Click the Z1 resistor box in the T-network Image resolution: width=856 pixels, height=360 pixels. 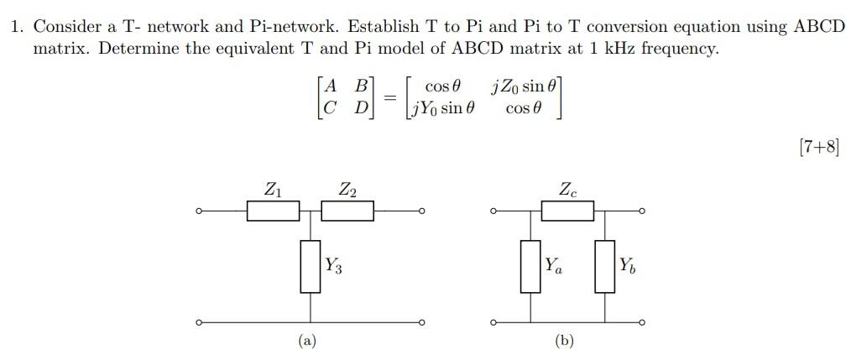[273, 210]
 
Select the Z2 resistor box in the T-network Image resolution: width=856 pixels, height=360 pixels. [347, 210]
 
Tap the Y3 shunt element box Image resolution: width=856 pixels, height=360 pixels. [311, 266]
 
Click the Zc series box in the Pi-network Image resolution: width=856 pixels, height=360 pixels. [567, 210]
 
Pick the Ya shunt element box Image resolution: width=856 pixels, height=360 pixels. [530, 266]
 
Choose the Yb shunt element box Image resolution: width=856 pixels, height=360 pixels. [605, 266]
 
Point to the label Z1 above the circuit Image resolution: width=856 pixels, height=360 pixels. [273, 190]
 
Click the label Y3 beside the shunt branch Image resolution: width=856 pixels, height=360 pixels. [333, 266]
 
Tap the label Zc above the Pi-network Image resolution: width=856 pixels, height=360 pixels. [568, 190]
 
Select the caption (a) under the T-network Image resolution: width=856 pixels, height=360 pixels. [308, 341]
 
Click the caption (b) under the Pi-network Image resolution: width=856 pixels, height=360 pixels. [565, 341]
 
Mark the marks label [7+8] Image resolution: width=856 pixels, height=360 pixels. [818, 148]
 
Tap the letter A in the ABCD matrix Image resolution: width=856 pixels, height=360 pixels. [331, 86]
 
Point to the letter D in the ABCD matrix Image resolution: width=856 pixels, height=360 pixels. [361, 108]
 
